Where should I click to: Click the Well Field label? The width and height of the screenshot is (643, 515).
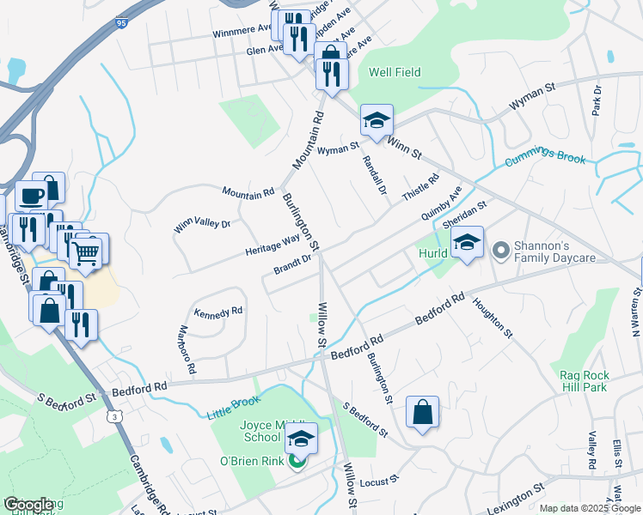point(395,73)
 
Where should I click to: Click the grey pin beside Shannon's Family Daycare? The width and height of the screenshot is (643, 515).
point(501,250)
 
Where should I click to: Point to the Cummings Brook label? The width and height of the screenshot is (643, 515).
point(545,161)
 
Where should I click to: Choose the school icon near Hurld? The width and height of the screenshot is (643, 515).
point(467,242)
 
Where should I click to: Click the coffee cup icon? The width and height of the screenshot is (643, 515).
point(32,196)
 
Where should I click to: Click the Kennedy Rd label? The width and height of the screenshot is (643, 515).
point(218,312)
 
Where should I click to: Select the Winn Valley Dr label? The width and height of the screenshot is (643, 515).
point(203,225)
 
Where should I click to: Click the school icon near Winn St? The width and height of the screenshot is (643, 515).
point(377,121)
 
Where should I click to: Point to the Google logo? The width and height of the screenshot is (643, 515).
point(28,505)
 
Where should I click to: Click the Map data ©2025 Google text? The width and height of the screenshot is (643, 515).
point(589,508)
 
